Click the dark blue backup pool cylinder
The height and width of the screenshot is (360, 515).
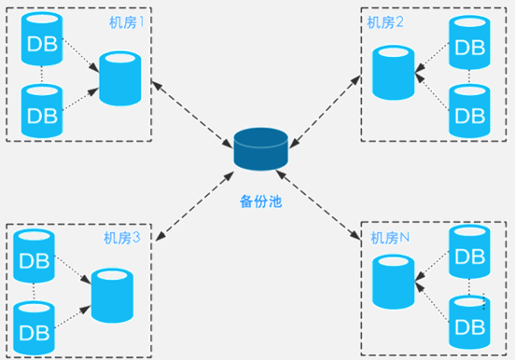(261, 149)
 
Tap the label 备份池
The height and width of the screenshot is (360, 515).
(261, 201)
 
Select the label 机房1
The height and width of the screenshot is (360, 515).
(127, 22)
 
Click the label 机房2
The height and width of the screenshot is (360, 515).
(385, 22)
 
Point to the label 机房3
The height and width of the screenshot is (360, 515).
(122, 238)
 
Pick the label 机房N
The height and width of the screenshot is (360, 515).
(390, 238)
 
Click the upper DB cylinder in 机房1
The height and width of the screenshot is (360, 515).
(42, 39)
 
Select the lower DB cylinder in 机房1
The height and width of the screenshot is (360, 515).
(42, 111)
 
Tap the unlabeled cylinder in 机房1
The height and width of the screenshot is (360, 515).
(120, 78)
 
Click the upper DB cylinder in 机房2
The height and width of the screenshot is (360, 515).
(469, 42)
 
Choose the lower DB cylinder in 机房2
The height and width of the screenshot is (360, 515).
(469, 111)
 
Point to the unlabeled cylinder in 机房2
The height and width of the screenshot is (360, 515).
(394, 73)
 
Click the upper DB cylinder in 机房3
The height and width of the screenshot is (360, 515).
(34, 256)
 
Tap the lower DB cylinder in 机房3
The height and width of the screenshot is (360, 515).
(34, 328)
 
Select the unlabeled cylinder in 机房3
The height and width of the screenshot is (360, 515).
(112, 296)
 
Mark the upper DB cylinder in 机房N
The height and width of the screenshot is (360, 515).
(469, 252)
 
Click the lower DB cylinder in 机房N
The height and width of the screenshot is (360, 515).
(469, 322)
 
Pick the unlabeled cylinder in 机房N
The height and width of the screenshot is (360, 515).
(394, 282)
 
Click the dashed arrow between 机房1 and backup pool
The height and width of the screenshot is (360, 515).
(192, 114)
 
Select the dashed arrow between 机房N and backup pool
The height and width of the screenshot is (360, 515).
(318, 205)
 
